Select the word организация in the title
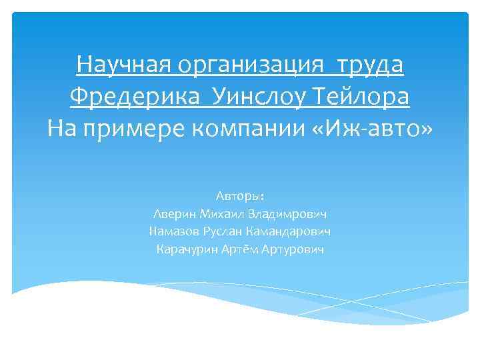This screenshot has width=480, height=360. pos(245,66)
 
